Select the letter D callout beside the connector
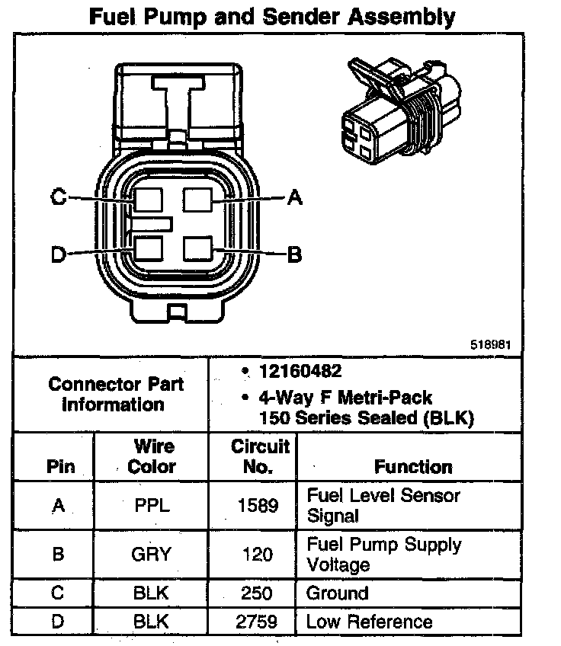tap(58, 254)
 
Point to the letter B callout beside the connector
tap(294, 254)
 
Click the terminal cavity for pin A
tap(200, 200)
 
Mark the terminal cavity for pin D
tap(149, 250)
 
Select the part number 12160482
tap(299, 372)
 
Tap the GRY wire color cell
tap(151, 555)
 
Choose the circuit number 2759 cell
tap(258, 622)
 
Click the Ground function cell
tap(337, 593)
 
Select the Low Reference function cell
tap(369, 622)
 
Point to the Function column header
tap(412, 466)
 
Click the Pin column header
tap(60, 466)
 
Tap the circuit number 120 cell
tap(258, 555)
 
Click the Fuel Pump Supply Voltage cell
tap(383, 555)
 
